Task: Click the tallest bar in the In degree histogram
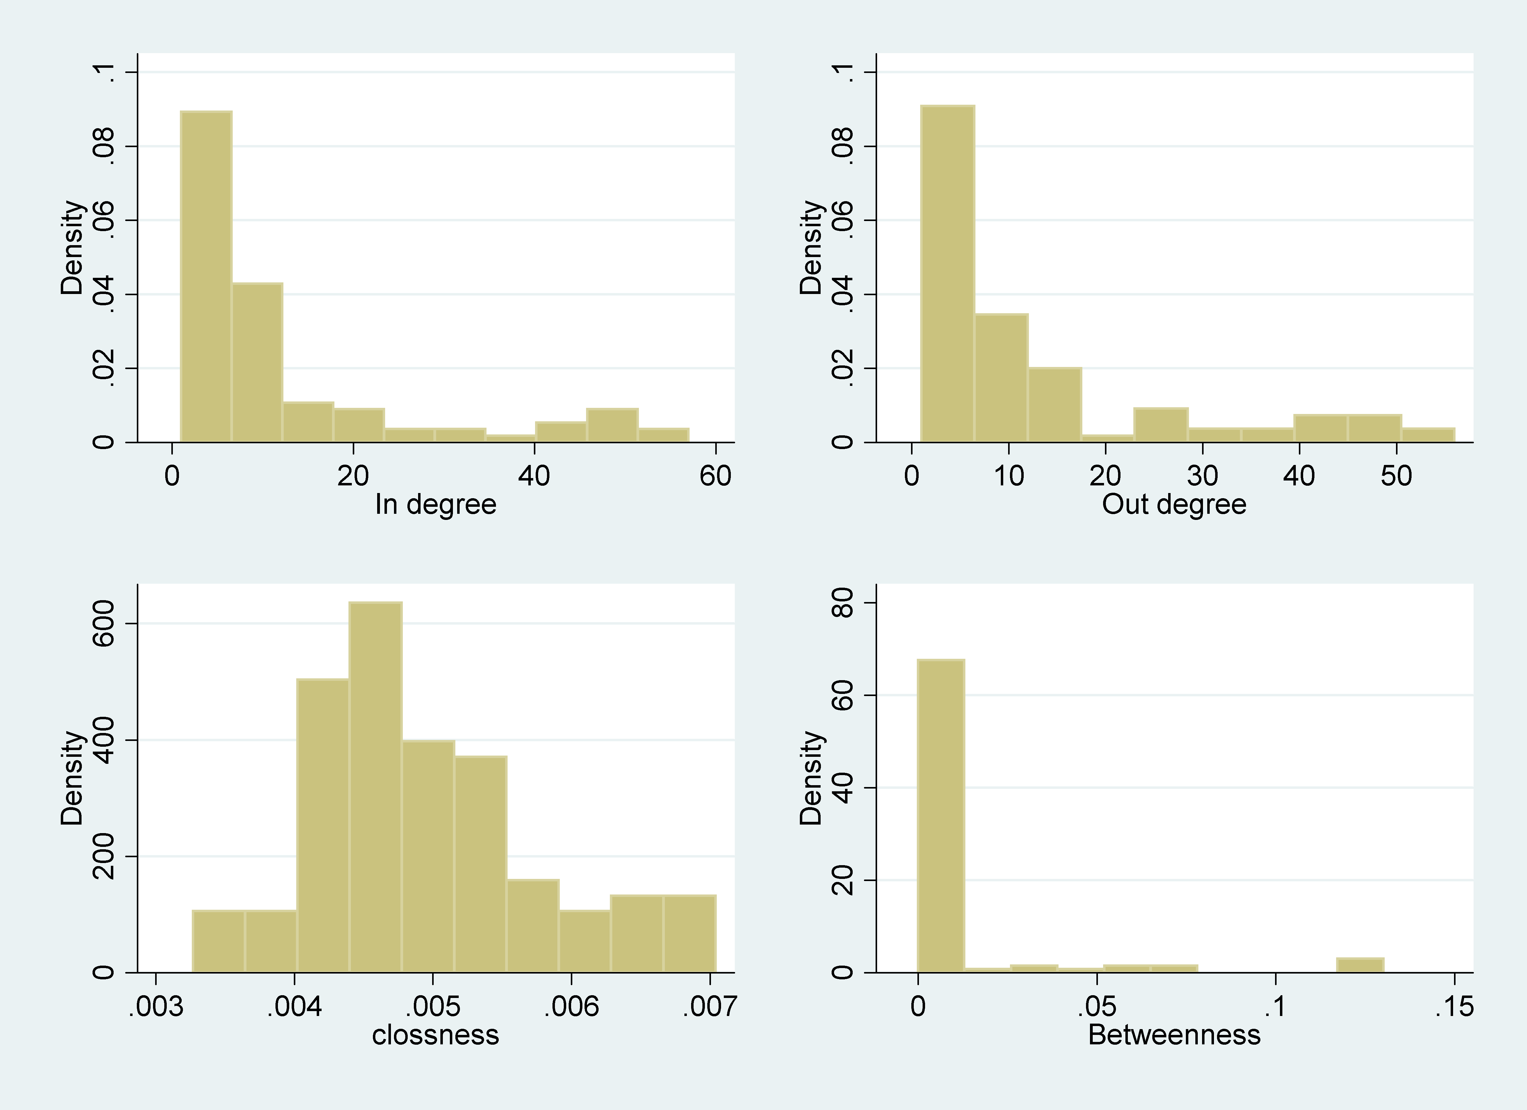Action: click(x=206, y=277)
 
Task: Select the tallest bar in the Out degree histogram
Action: click(x=947, y=274)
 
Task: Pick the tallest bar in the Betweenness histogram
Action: click(x=941, y=816)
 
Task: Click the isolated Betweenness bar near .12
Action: click(x=1360, y=965)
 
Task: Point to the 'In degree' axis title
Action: click(x=436, y=504)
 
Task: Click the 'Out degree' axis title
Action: click(x=1174, y=504)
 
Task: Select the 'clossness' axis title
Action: click(x=436, y=1035)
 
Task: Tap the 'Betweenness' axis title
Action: click(x=1174, y=1035)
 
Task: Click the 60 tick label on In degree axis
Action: click(x=715, y=476)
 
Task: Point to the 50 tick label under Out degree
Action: click(x=1396, y=476)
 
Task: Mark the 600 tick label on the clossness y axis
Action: click(x=104, y=623)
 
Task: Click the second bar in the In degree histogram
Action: click(x=257, y=363)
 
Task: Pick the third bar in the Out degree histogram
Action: click(x=1055, y=404)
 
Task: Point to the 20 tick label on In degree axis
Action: click(x=353, y=476)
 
